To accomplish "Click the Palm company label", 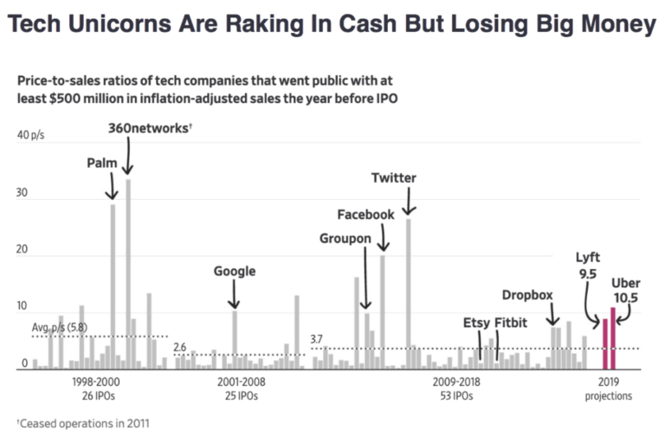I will (x=102, y=163).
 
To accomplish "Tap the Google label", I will (x=235, y=272).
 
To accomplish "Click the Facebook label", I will (x=365, y=215).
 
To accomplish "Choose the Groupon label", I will (x=345, y=238).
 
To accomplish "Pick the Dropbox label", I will (x=526, y=295).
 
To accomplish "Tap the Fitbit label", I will (x=512, y=324).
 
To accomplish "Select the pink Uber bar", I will (x=613, y=338).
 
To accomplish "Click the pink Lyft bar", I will (x=604, y=343).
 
